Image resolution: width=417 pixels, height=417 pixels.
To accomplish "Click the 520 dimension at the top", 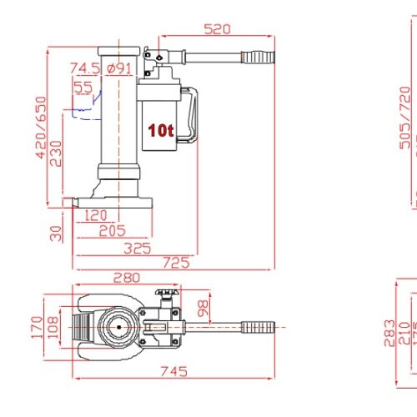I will (217, 30).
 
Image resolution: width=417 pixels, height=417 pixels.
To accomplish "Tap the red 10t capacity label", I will (160, 130).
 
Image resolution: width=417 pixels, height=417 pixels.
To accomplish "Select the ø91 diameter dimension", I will (119, 68).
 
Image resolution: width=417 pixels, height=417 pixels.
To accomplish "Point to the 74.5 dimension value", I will (85, 68).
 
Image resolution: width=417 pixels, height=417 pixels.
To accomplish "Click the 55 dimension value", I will (83, 86).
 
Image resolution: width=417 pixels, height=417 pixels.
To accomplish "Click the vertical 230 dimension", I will (55, 153).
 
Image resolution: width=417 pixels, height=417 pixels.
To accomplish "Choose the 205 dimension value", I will (111, 230).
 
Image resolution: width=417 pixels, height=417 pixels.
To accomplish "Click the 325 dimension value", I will (138, 248).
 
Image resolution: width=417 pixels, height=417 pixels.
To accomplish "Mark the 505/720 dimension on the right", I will (405, 117).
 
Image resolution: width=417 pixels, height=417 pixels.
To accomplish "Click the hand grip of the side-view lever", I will (258, 58).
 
